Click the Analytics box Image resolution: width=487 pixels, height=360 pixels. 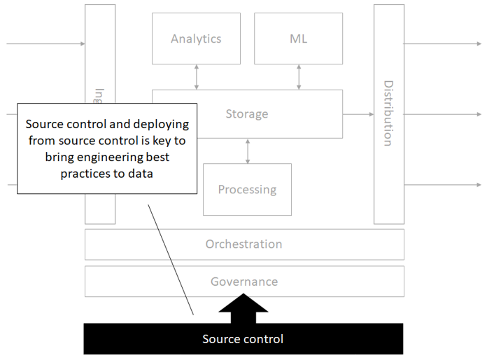196,39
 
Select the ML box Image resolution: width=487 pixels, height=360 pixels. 298,39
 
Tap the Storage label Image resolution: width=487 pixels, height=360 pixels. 246,113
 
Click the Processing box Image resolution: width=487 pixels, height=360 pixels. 247,189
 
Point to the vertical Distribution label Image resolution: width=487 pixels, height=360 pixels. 388,113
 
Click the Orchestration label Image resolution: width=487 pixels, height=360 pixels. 243,244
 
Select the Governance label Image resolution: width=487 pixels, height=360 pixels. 243,282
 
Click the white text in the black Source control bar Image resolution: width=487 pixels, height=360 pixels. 243,339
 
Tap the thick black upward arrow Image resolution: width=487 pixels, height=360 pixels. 243,309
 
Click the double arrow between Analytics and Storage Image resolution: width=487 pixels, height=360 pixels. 197,76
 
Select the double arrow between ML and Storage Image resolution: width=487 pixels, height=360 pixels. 299,76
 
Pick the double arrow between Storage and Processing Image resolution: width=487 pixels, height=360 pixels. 247,151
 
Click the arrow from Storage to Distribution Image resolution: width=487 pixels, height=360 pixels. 358,113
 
